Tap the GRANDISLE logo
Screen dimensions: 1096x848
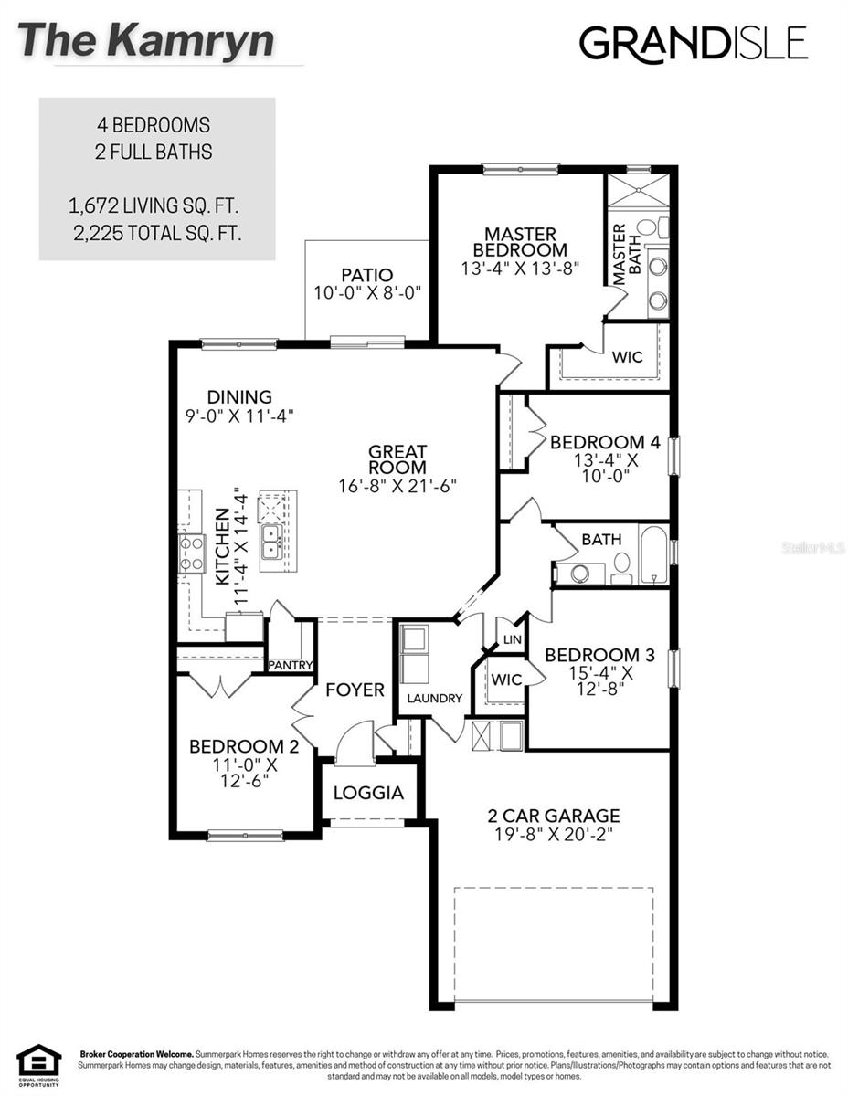tap(694, 43)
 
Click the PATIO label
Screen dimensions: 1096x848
tap(367, 275)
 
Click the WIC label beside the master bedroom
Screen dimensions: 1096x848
tap(627, 357)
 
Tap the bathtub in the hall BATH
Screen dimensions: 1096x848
tap(653, 553)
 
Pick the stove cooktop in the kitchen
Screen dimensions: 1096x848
tap(192, 553)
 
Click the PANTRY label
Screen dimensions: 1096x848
tap(291, 665)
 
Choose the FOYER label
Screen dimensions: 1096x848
tap(355, 690)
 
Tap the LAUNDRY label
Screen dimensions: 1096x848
tap(434, 699)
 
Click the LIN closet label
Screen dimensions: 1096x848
tap(511, 640)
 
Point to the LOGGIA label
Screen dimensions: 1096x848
tap(368, 793)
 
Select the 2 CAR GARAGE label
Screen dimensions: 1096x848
tap(554, 816)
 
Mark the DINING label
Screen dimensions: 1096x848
tap(239, 397)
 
